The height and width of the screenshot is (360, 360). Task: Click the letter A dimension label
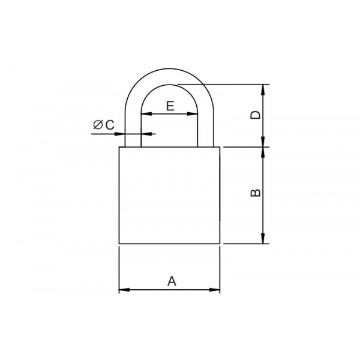tap(172, 281)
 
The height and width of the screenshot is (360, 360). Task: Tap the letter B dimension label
tap(256, 193)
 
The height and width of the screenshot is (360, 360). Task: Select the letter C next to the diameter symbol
tap(110, 125)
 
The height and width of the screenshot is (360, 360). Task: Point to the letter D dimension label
tap(256, 115)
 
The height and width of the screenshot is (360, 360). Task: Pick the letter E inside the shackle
tap(170, 106)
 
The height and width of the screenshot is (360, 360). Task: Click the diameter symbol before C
tap(98, 125)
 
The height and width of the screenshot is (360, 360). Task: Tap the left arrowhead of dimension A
tap(124, 290)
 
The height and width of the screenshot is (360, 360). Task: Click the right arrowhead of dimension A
tap(214, 290)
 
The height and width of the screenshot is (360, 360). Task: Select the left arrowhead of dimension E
tap(146, 113)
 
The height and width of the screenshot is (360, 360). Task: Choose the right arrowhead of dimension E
tap(193, 113)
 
